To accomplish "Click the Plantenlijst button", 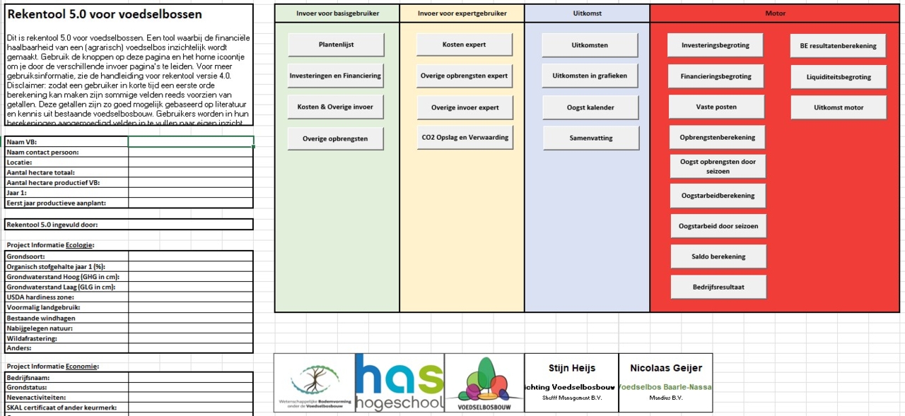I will (x=336, y=44).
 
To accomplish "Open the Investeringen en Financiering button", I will (x=335, y=76).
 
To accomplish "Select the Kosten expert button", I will (x=464, y=44).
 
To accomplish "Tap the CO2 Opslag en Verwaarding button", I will (x=465, y=138).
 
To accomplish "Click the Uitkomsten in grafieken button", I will (x=590, y=76).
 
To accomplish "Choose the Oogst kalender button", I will (x=590, y=107).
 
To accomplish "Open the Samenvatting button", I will (x=591, y=138).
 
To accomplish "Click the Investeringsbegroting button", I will (x=715, y=45).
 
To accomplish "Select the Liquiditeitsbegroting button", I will (x=839, y=77).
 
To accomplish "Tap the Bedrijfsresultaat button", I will (x=718, y=287).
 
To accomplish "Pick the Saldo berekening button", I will (x=718, y=256).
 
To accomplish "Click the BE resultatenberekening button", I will (x=838, y=46).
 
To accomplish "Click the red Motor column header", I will (x=775, y=13).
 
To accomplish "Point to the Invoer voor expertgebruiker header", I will (x=462, y=13).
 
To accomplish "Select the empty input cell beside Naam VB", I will (x=190, y=142).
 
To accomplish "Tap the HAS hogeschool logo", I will (x=399, y=383).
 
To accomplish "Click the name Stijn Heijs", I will (x=571, y=368).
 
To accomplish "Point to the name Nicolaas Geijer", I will (x=665, y=368).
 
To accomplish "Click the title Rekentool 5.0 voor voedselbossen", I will (x=105, y=14).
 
